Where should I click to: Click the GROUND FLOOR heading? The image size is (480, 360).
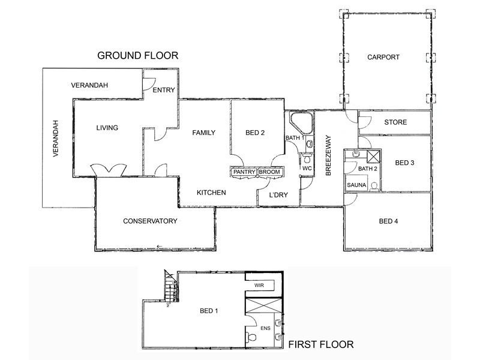click(x=138, y=56)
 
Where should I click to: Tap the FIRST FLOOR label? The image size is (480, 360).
click(x=321, y=344)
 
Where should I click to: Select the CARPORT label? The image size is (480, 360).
click(x=383, y=58)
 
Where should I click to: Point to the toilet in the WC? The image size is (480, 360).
click(x=307, y=158)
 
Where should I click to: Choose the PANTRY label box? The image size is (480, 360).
click(x=244, y=172)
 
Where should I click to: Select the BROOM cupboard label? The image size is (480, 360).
click(x=269, y=172)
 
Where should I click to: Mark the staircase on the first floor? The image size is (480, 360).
click(x=171, y=288)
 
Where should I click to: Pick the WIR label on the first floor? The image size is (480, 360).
click(x=259, y=286)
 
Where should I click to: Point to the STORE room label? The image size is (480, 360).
click(x=395, y=122)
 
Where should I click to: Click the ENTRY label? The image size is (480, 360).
click(x=164, y=90)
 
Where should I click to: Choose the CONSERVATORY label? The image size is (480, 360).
click(x=150, y=221)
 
